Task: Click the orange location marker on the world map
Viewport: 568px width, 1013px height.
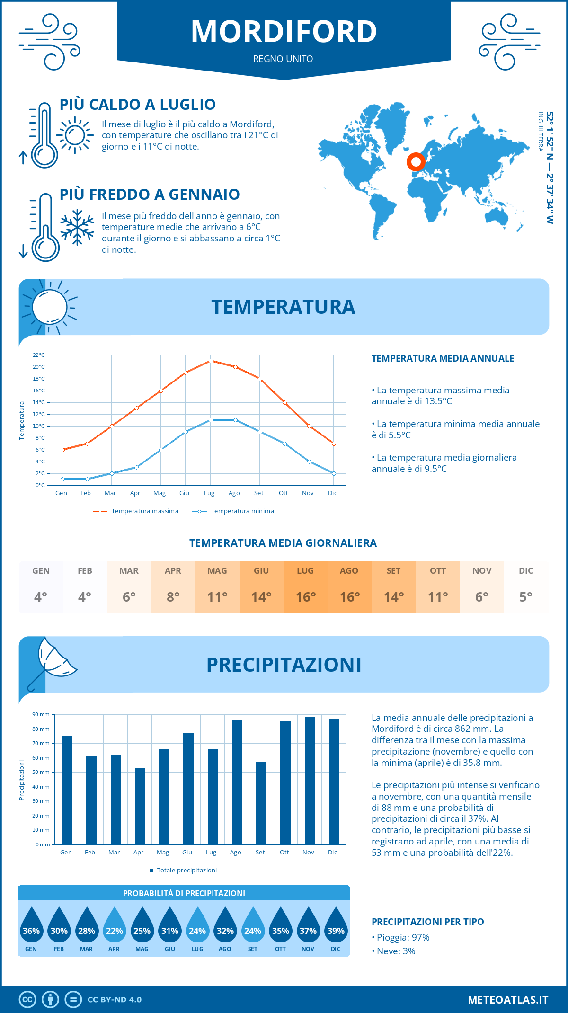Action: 416,162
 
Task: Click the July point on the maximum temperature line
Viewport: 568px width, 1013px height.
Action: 211,361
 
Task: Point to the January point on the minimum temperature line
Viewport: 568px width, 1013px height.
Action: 62,479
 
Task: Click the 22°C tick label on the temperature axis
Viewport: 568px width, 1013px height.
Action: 39,355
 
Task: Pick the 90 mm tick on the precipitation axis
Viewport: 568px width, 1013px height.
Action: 41,714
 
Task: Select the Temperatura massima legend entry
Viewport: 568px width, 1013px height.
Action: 136,511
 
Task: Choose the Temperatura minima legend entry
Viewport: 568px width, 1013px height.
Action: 234,511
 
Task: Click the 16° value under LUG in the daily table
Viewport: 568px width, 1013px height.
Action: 305,597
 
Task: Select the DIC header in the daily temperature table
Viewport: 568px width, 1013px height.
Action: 526,571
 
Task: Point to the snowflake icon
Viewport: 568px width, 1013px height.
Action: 77,227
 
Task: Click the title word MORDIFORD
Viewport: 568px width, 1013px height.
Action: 284,32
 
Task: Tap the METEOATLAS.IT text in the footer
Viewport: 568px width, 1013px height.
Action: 508,1000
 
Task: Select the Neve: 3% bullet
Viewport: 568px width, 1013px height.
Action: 394,951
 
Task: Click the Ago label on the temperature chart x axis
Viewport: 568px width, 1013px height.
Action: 234,493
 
